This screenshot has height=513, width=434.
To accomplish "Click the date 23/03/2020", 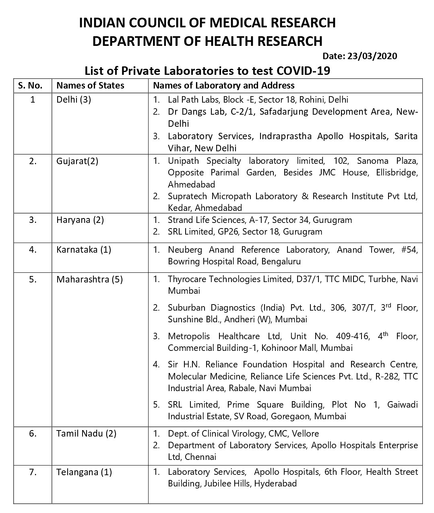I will (371, 56).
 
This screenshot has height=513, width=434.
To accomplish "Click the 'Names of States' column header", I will (90, 85).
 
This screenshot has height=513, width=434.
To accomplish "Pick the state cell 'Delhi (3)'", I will (74, 99).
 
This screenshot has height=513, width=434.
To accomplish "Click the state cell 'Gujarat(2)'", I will (77, 161).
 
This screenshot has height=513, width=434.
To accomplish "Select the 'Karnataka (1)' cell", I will (84, 249).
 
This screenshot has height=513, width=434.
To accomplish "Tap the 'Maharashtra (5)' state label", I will (89, 279).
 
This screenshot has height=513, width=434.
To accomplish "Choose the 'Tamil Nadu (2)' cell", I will (86, 433).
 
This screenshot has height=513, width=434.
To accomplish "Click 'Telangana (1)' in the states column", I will (84, 472).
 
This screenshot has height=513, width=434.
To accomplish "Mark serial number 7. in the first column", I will (33, 472).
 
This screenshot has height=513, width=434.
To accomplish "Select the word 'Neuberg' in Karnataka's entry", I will (185, 249).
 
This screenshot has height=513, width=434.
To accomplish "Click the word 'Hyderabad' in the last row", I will (275, 483).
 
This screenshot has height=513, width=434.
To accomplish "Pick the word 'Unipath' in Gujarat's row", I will (183, 161).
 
